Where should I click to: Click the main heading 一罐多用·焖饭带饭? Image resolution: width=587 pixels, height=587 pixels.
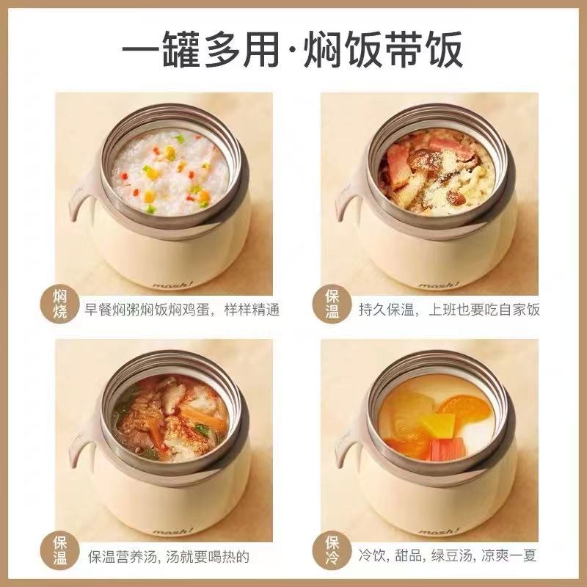tap(292, 50)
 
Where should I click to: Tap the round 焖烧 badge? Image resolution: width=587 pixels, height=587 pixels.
tap(60, 304)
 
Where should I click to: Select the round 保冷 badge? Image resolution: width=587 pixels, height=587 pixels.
tap(332, 550)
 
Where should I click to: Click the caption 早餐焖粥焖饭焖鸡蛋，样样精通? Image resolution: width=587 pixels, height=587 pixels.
tap(181, 310)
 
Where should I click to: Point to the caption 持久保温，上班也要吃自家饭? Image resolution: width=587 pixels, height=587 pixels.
tap(449, 310)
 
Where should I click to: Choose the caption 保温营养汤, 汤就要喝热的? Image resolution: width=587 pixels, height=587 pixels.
tap(169, 556)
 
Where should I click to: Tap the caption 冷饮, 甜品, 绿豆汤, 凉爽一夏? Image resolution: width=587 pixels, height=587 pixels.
tap(448, 555)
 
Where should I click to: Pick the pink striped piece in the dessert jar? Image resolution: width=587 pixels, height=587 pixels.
tap(448, 449)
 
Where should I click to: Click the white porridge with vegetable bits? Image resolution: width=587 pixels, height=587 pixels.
tap(170, 172)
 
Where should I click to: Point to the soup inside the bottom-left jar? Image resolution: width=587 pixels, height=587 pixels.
tap(170, 418)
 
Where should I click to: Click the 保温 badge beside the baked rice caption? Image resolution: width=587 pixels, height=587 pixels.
tap(332, 304)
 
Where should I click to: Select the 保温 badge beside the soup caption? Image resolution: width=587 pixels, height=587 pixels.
tap(60, 550)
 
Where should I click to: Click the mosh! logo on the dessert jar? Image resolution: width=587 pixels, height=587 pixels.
tap(439, 531)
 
